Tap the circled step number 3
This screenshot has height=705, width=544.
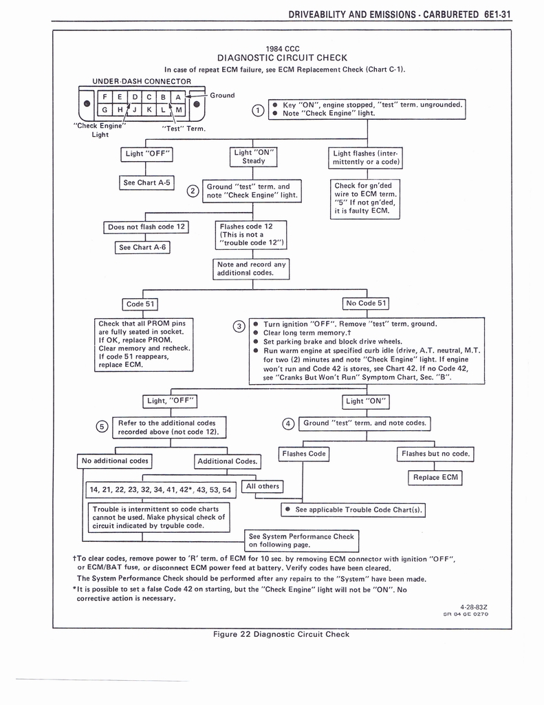click(239, 326)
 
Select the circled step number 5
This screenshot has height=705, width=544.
click(102, 427)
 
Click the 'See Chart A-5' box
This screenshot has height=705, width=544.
click(146, 183)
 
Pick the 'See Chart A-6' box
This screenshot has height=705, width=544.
click(142, 247)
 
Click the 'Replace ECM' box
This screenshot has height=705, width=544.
click(435, 477)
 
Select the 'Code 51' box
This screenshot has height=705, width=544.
click(142, 304)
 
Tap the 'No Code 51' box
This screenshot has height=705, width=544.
click(367, 303)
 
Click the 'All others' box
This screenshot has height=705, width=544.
click(263, 486)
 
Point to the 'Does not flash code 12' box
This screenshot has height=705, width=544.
click(146, 227)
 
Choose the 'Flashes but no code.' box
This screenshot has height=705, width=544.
click(436, 454)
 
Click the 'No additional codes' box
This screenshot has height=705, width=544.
click(115, 461)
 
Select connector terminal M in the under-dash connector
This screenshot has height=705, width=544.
click(179, 110)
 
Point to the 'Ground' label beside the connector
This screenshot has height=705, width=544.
click(222, 95)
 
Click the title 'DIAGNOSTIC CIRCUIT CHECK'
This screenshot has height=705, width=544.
click(282, 58)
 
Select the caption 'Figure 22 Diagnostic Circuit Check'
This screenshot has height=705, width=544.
click(281, 634)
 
